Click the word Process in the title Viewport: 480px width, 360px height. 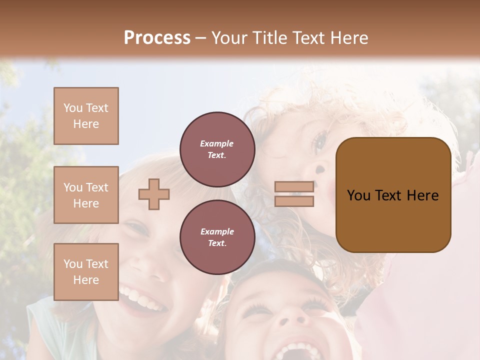point(157,37)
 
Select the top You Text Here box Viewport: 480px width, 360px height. point(86,116)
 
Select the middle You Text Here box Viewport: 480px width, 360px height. point(86,195)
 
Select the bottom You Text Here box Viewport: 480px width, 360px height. point(86,272)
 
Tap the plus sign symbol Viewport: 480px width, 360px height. point(154,194)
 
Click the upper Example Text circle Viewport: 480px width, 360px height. point(217,149)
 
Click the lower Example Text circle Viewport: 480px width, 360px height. point(217,237)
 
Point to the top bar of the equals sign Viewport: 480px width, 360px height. point(294,187)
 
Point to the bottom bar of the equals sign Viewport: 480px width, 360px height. point(294,201)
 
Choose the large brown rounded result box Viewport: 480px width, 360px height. point(393,195)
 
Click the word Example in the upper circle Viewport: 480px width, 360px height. point(217,143)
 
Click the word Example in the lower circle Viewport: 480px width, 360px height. point(217,231)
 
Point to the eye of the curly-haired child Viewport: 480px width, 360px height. point(318,142)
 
